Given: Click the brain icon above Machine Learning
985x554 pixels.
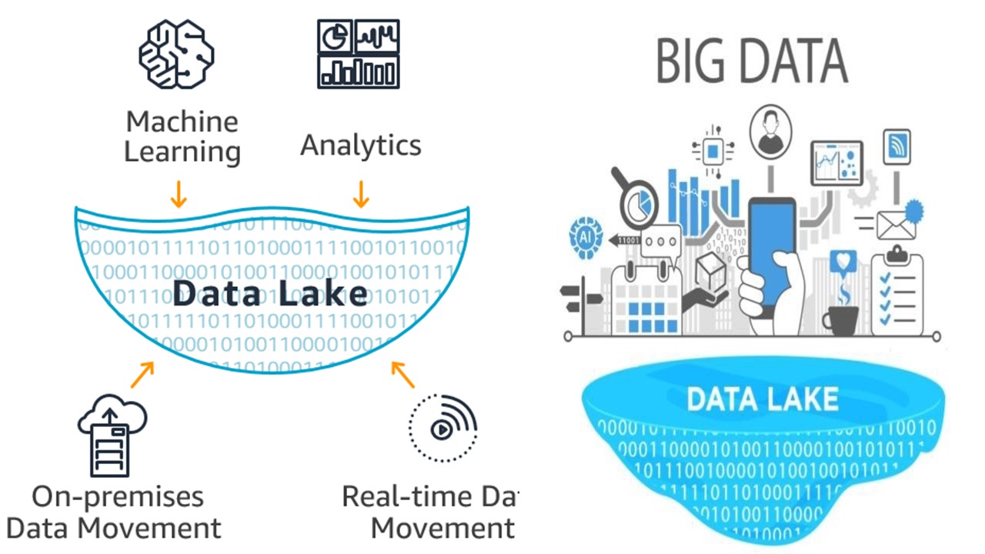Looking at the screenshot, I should pyautogui.click(x=176, y=55).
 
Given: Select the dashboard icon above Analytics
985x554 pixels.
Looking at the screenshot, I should pyautogui.click(x=359, y=53).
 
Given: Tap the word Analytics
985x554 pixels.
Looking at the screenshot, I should pyautogui.click(x=360, y=145).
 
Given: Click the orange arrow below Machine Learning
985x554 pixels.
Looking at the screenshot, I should pyautogui.click(x=179, y=194).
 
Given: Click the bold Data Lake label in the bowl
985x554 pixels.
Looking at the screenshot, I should pyautogui.click(x=270, y=294).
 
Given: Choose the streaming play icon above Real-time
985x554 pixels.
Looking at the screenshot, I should pyautogui.click(x=442, y=428).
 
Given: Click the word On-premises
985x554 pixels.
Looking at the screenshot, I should pyautogui.click(x=118, y=496).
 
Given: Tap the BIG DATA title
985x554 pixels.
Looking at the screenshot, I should pyautogui.click(x=752, y=62).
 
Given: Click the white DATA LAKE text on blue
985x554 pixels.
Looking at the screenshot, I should pyautogui.click(x=762, y=399).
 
